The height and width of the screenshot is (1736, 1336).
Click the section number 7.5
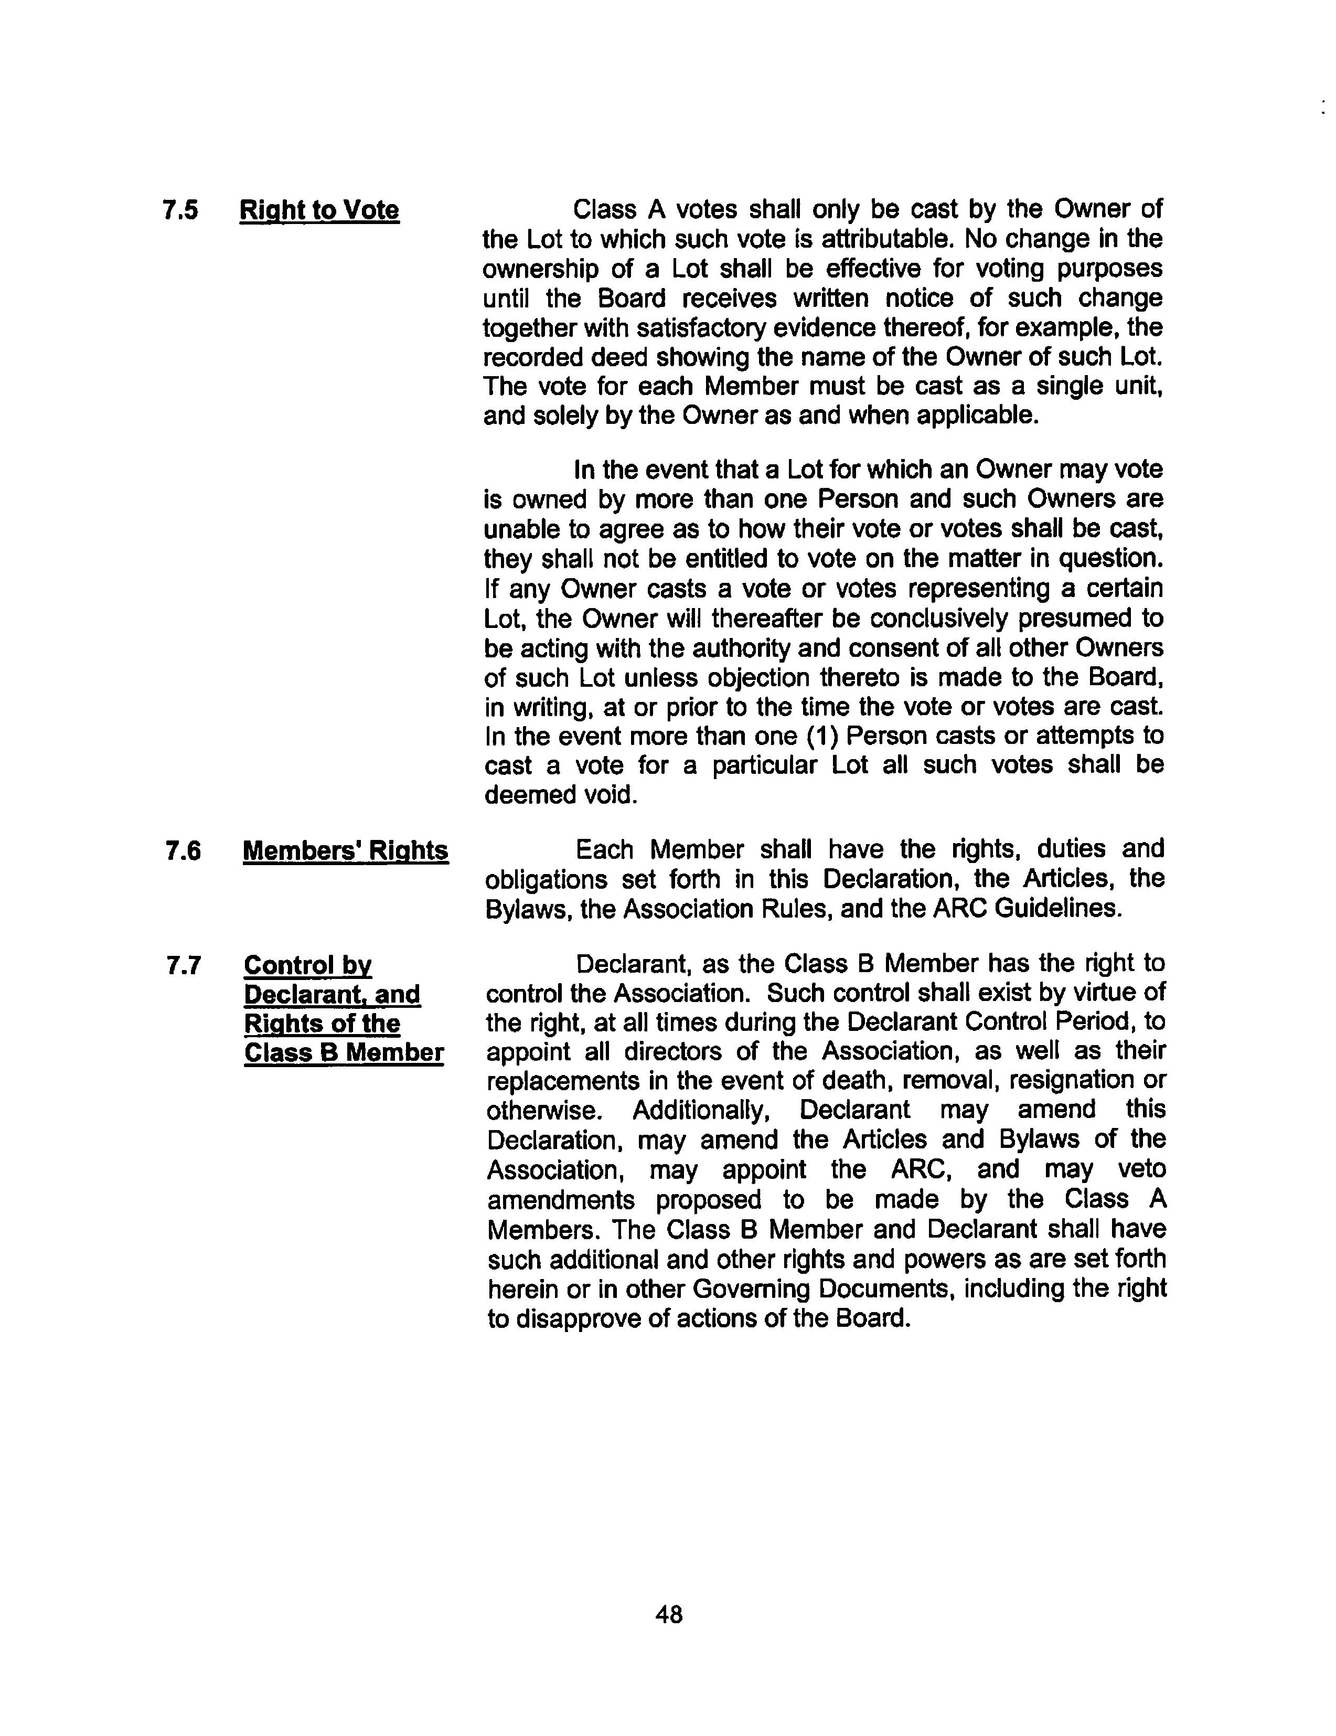tap(180, 211)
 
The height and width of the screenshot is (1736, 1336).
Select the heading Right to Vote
tap(319, 211)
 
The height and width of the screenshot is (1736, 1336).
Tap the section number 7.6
tap(183, 851)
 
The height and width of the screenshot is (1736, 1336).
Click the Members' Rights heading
tap(346, 851)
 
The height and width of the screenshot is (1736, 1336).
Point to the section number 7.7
tap(183, 966)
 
